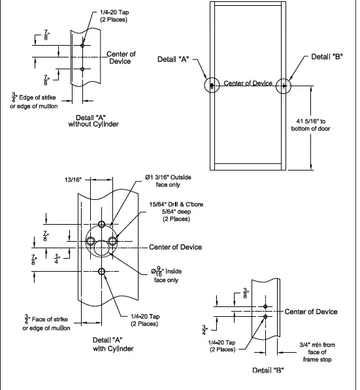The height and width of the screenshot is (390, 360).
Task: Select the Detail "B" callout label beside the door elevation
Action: tap(327, 57)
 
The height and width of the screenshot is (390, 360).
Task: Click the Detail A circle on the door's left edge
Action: tap(212, 86)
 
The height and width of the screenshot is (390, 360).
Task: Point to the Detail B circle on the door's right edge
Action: tap(284, 86)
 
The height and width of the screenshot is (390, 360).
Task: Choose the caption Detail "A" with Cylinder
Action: tap(112, 344)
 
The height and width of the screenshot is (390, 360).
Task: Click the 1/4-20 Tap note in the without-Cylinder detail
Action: tap(114, 16)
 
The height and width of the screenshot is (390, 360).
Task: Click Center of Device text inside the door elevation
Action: tap(248, 84)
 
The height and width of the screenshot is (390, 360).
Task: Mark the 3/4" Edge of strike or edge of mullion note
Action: tap(38, 101)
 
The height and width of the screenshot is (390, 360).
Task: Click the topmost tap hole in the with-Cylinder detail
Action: tap(101, 224)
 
